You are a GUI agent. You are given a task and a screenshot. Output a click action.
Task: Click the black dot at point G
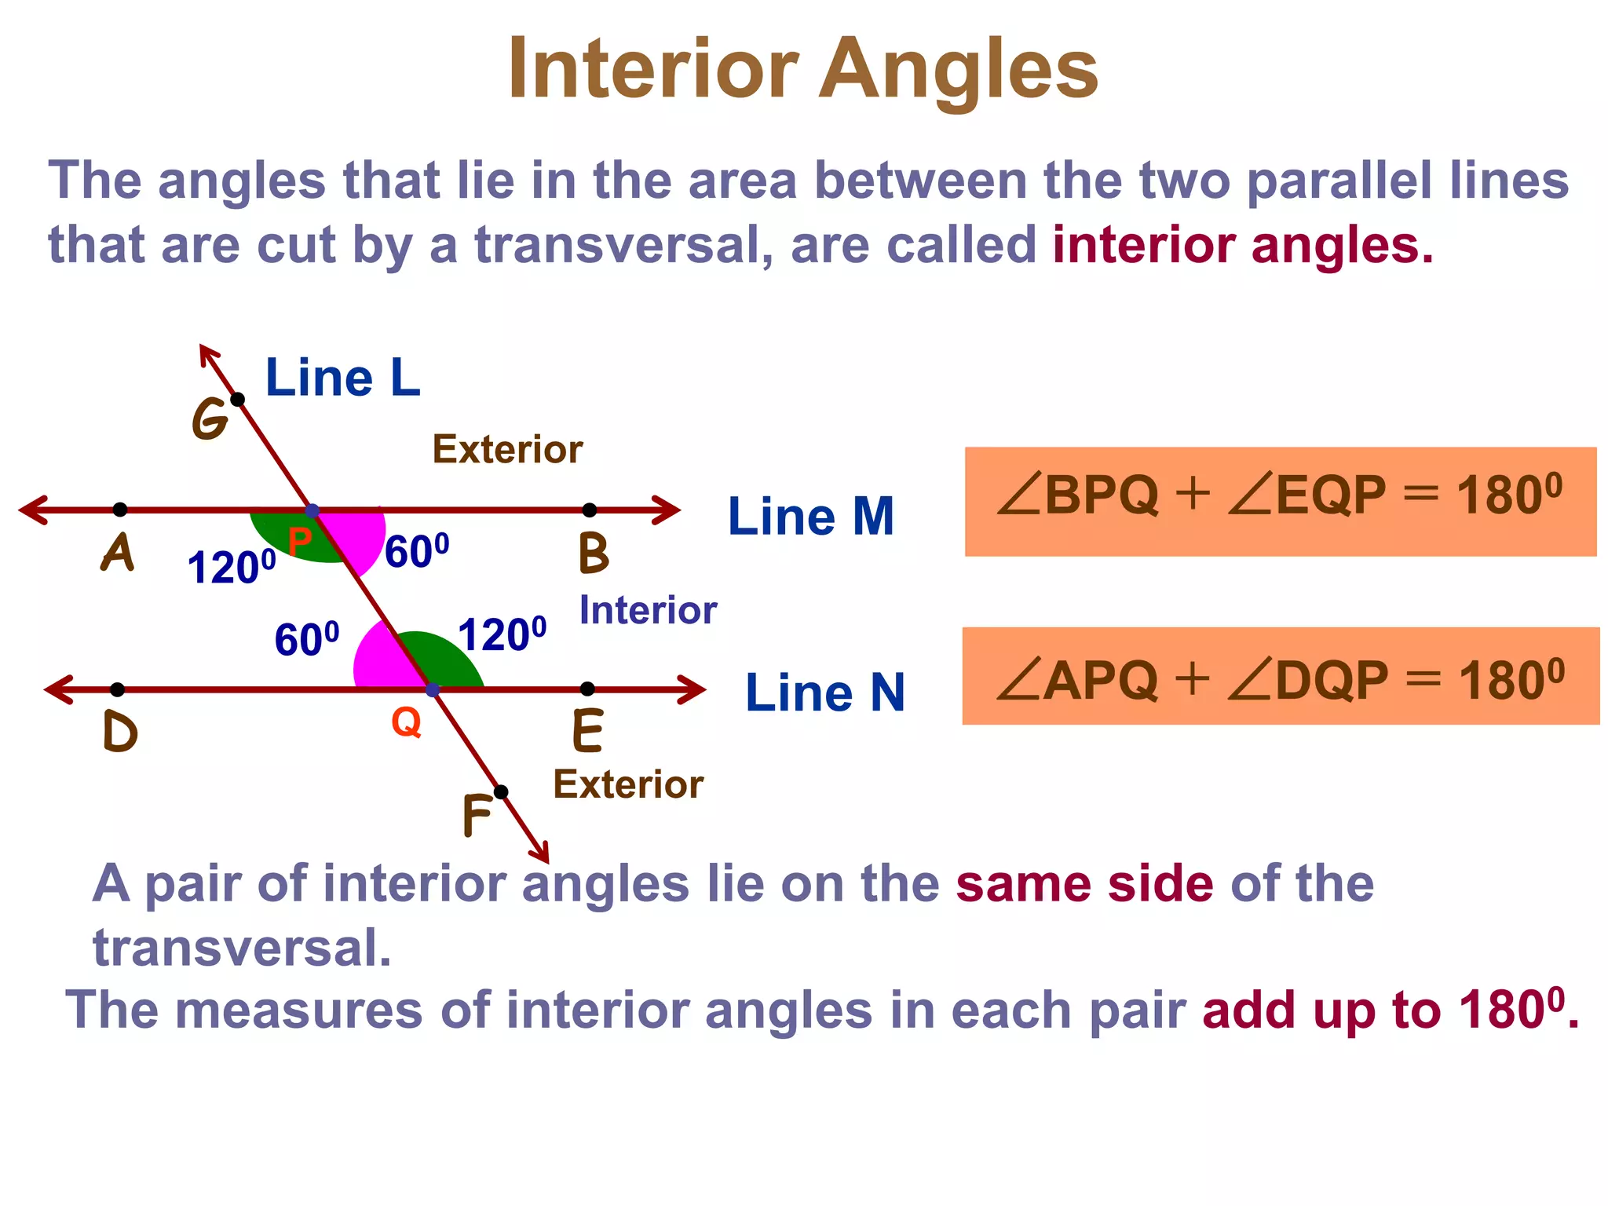238,400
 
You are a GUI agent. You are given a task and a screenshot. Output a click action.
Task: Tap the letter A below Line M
118,554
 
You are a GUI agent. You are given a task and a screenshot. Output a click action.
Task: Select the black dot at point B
590,510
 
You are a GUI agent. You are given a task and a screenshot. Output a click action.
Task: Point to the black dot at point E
587,689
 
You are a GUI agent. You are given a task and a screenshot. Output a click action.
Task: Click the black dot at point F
501,791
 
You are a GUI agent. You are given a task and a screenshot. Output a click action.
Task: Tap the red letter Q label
406,721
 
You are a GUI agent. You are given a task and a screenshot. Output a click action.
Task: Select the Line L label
343,378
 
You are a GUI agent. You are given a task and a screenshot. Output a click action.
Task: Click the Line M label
810,517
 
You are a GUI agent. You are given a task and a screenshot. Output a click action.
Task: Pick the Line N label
824,693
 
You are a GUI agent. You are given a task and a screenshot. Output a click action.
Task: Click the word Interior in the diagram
648,611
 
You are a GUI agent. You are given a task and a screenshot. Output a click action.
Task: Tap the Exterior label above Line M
507,450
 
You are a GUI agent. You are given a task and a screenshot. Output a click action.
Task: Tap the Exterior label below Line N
628,784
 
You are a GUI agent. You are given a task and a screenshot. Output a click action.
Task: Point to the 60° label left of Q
307,639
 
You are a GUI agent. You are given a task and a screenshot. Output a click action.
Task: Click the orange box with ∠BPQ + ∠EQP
1280,501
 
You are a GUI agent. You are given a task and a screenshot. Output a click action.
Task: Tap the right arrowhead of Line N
694,689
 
